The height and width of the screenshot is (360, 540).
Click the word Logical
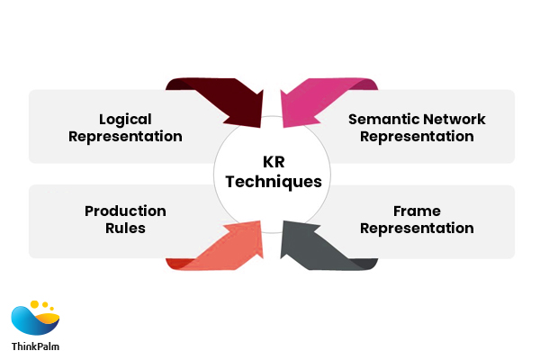[x=125, y=119]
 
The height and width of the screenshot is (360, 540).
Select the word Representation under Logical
[x=125, y=137]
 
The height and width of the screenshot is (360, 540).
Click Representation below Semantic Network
[x=417, y=137]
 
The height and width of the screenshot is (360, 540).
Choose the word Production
[x=125, y=211]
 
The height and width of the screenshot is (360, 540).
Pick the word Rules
[x=125, y=229]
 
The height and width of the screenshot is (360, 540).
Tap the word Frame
[x=417, y=211]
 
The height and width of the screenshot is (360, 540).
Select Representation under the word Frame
[x=417, y=229]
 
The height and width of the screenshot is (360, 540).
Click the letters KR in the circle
[x=273, y=163]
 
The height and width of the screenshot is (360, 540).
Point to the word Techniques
[x=273, y=182]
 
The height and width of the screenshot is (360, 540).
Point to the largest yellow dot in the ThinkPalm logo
[x=35, y=304]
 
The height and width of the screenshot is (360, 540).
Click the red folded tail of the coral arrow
[x=176, y=263]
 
